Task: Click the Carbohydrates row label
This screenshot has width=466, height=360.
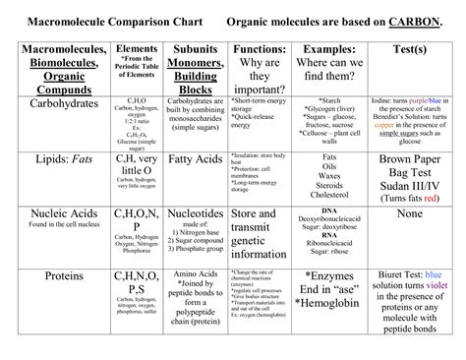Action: [56, 101]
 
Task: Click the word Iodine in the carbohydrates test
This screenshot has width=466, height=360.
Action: [377, 101]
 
